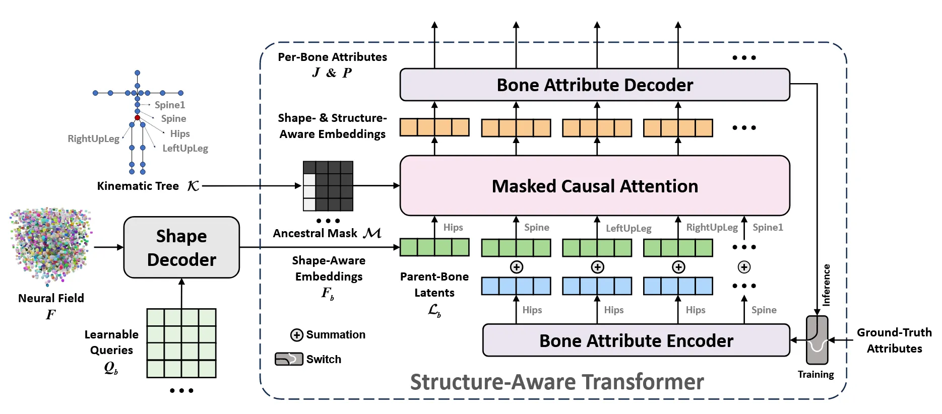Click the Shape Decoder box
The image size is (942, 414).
[181, 247]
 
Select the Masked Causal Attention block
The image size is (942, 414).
[594, 186]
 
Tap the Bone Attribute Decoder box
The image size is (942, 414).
[594, 85]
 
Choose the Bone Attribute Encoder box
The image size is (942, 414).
[636, 340]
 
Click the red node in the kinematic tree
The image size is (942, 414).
[137, 117]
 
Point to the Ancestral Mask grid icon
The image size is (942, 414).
[328, 186]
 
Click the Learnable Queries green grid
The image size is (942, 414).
[181, 343]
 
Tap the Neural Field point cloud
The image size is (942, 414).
[50, 246]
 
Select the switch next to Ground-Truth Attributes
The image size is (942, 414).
[817, 340]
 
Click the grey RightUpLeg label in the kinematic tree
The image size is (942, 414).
[93, 139]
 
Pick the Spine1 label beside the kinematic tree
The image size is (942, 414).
[170, 105]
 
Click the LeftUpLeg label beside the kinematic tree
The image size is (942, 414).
[185, 148]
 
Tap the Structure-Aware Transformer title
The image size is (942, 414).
[556, 382]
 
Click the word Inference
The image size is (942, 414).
[826, 285]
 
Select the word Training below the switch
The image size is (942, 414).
[815, 374]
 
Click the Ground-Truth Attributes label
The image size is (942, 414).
[894, 340]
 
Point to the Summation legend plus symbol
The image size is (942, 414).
[297, 335]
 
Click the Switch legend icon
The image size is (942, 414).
[289, 359]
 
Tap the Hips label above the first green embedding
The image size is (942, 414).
[453, 227]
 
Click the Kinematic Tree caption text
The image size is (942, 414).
[138, 186]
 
